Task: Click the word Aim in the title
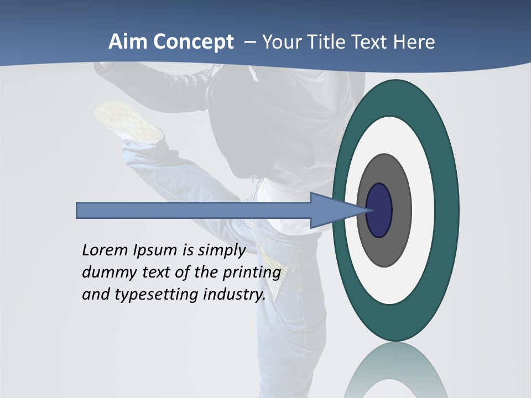coord(128,42)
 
